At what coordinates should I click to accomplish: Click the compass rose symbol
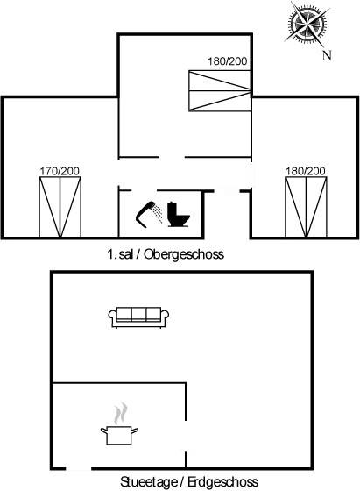(x=307, y=22)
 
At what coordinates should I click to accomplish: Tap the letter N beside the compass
(x=327, y=55)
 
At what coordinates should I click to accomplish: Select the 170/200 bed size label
(x=60, y=171)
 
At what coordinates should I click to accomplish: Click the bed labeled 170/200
(x=60, y=207)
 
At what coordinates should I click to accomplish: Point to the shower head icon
(x=146, y=214)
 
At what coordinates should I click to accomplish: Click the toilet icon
(x=179, y=214)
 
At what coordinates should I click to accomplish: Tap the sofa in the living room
(x=138, y=317)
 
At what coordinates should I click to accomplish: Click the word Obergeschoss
(x=184, y=254)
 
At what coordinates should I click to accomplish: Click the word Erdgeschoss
(x=222, y=481)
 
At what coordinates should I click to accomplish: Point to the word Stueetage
(x=149, y=481)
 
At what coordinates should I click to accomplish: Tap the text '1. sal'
(x=120, y=254)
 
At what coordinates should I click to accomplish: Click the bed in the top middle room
(x=220, y=91)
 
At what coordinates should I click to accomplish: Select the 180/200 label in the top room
(x=228, y=61)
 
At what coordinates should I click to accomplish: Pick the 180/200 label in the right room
(x=306, y=171)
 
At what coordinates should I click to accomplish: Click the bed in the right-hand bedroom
(x=306, y=207)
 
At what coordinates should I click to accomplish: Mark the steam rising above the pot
(x=121, y=413)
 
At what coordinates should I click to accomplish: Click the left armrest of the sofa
(x=112, y=316)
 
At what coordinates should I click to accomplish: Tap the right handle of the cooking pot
(x=134, y=431)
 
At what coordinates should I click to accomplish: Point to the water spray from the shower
(x=159, y=214)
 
